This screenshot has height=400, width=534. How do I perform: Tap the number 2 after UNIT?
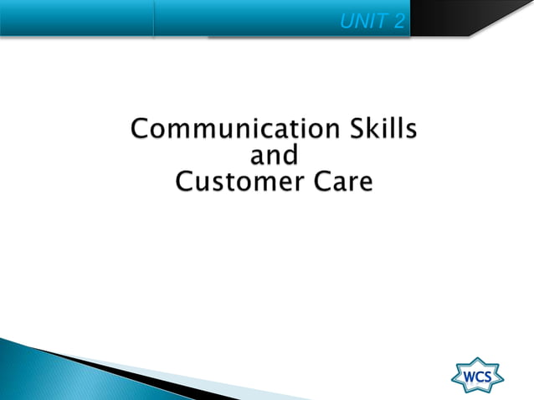point(399,21)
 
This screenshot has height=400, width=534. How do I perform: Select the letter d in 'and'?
point(290,155)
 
